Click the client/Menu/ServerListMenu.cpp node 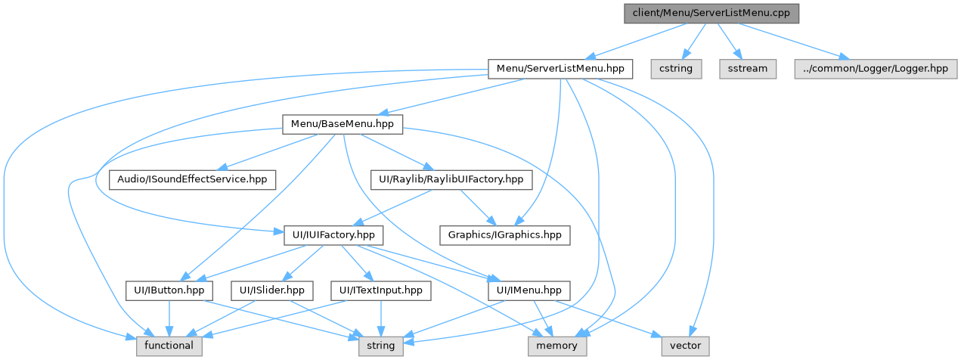tap(711, 13)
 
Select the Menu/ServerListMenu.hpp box tap(560, 68)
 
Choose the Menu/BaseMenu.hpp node tap(343, 124)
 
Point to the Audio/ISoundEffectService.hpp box tap(192, 179)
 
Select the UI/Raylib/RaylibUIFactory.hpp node tap(451, 179)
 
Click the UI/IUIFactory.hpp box tap(329, 234)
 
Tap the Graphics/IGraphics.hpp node tap(505, 234)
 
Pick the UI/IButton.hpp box tap(169, 290)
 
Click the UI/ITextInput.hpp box tap(380, 290)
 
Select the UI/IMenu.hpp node tap(529, 290)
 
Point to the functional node tap(169, 346)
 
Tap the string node tap(381, 346)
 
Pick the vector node tap(686, 346)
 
